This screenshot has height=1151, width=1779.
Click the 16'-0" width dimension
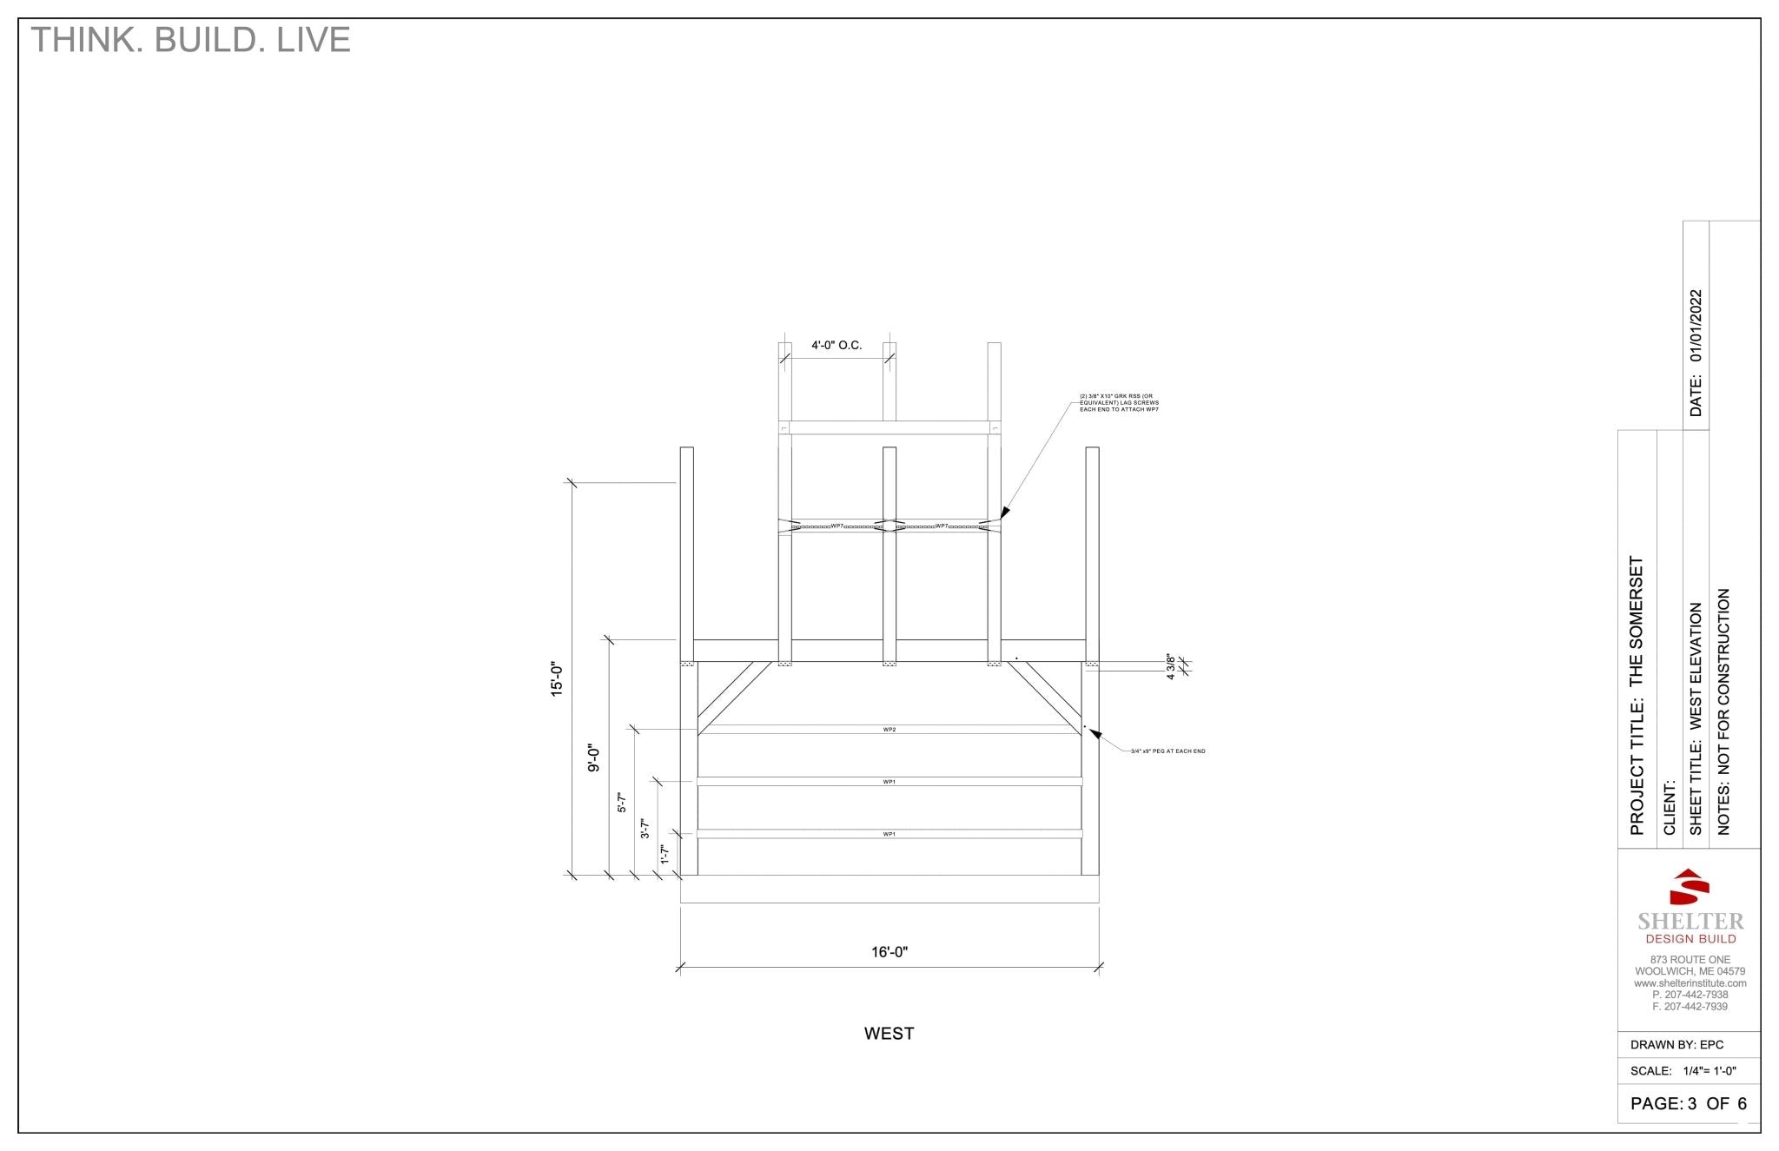click(889, 952)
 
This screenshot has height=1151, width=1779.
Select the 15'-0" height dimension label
click(558, 679)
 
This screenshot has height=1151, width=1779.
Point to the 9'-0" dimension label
click(594, 757)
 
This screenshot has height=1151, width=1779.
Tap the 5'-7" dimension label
click(621, 802)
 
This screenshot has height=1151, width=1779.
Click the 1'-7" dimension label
click(665, 854)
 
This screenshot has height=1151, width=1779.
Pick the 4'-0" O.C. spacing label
click(837, 346)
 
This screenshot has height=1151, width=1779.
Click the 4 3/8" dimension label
click(1171, 666)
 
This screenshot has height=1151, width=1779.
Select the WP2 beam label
click(889, 730)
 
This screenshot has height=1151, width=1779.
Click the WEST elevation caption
click(889, 1034)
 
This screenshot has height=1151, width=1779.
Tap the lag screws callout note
click(1119, 402)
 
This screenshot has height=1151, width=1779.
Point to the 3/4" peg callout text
click(1167, 751)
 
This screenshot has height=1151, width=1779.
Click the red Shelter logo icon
click(1690, 887)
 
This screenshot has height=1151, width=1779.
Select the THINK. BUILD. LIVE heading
click(190, 40)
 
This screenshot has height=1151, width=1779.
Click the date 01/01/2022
click(1696, 326)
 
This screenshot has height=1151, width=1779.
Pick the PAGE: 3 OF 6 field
click(1688, 1104)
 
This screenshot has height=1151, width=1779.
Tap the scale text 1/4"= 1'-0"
click(1709, 1071)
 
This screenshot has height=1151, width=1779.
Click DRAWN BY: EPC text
click(1676, 1045)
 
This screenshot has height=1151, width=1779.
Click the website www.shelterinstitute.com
click(1690, 983)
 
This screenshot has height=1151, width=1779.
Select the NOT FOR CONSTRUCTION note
click(1724, 683)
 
